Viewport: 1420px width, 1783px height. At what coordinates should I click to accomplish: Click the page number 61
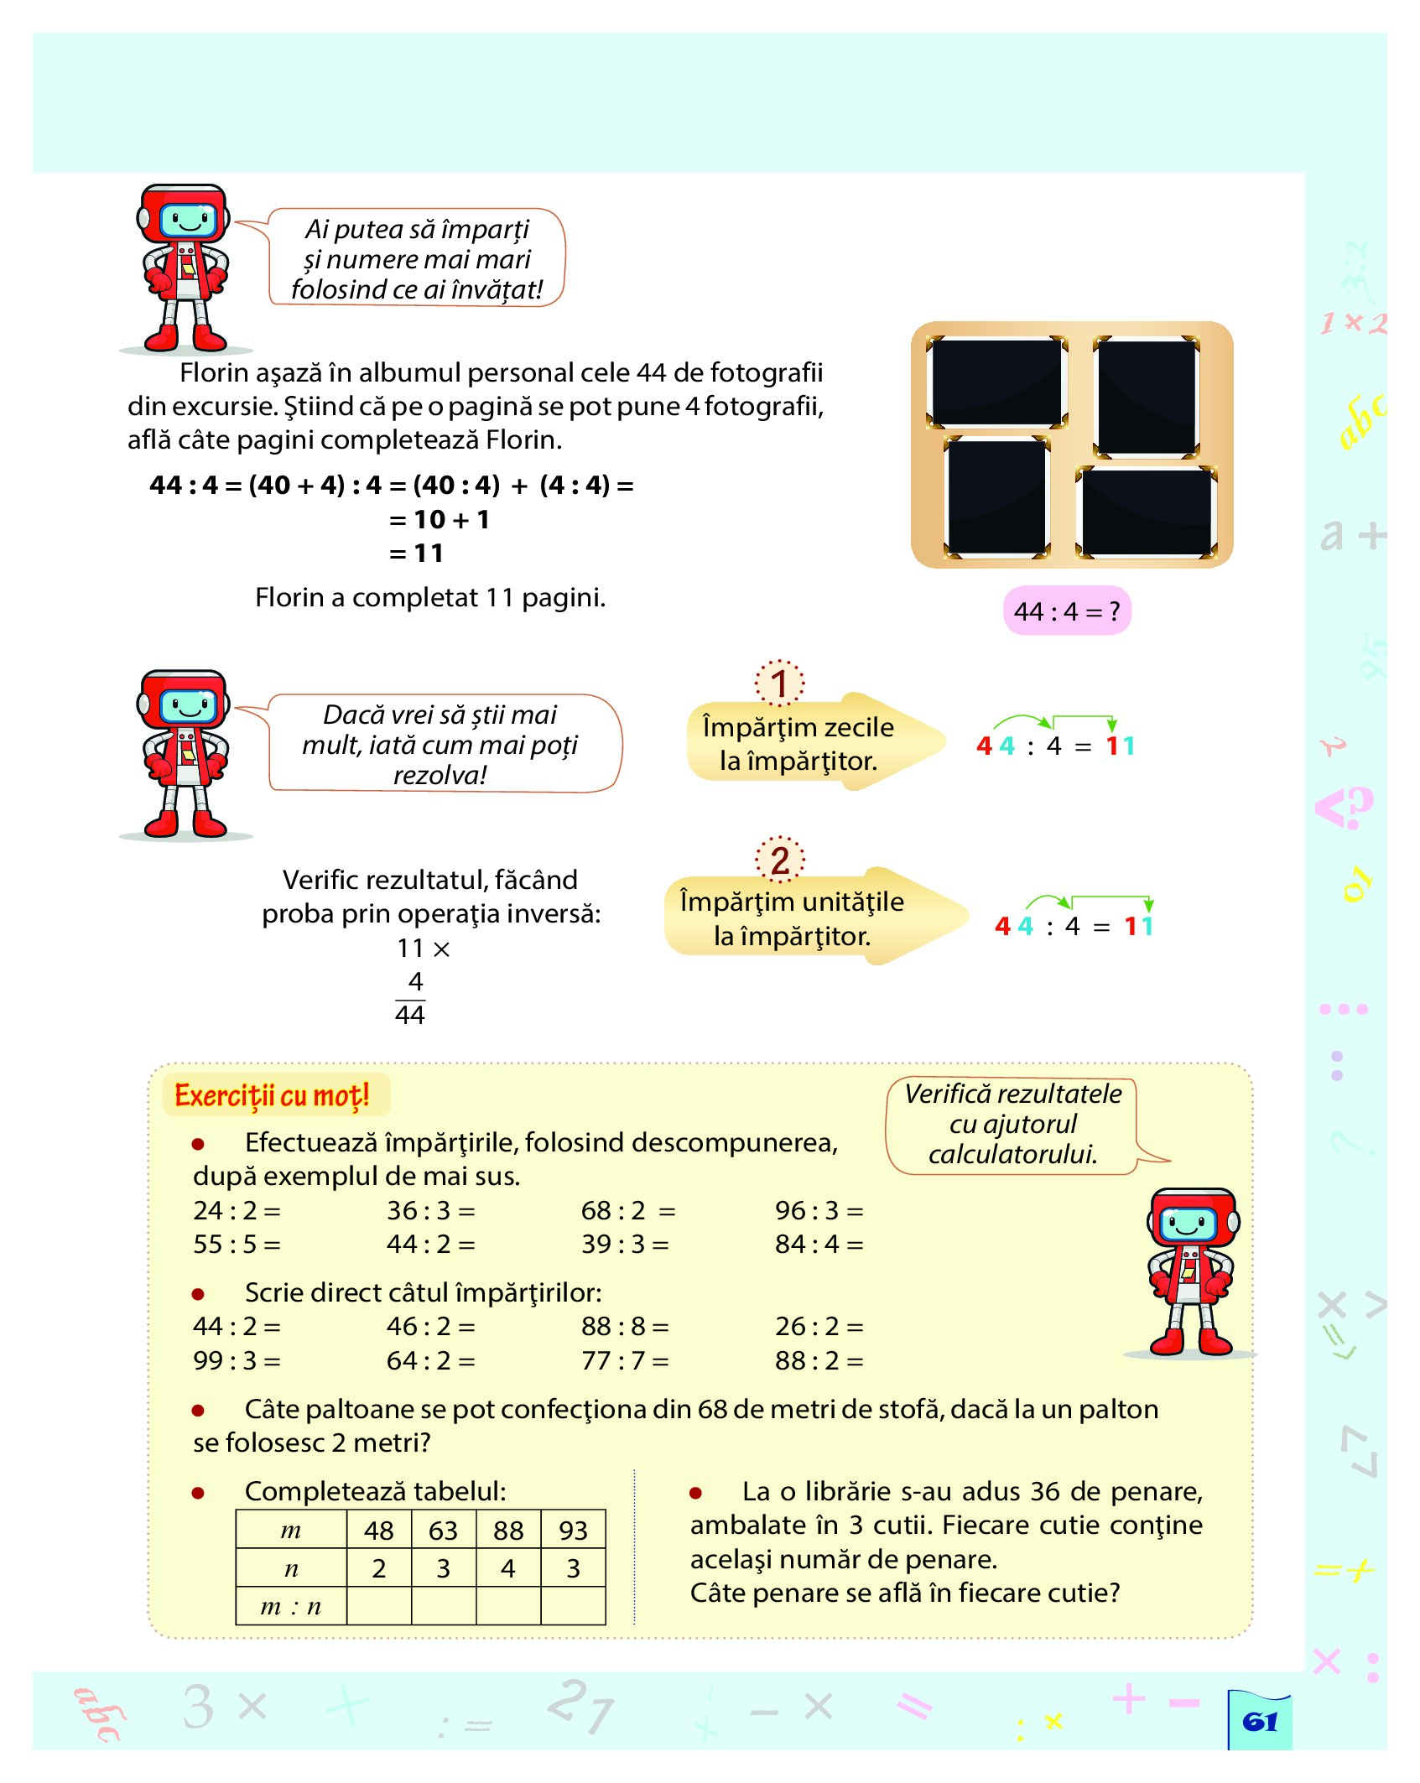[x=1259, y=1722]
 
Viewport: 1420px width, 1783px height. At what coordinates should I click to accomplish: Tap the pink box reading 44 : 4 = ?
[x=1066, y=611]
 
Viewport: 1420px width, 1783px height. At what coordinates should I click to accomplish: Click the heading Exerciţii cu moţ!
[x=272, y=1095]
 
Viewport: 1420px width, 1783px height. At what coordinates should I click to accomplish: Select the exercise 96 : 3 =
[x=819, y=1210]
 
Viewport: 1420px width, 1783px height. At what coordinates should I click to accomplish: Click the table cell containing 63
[x=443, y=1531]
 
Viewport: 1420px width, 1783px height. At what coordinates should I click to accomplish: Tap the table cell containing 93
[x=573, y=1531]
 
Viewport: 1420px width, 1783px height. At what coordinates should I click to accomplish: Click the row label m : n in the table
[x=290, y=1606]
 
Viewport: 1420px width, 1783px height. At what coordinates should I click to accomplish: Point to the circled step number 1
[x=779, y=684]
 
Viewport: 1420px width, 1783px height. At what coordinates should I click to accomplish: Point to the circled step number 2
[x=779, y=860]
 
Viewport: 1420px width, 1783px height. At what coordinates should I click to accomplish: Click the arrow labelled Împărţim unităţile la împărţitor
[x=805, y=918]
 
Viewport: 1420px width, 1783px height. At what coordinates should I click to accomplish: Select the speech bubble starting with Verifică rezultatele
[x=1012, y=1124]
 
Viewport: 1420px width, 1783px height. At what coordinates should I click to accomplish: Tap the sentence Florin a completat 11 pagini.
[x=429, y=597]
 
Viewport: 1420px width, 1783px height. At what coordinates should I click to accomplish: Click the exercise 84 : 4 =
[x=819, y=1244]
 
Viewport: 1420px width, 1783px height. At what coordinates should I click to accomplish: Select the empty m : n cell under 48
[x=378, y=1606]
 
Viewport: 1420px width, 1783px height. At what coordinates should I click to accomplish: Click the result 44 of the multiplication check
[x=410, y=1015]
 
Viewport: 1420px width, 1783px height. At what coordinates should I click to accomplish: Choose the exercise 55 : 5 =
[x=237, y=1244]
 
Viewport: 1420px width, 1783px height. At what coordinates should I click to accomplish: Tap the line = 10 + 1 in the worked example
[x=440, y=520]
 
